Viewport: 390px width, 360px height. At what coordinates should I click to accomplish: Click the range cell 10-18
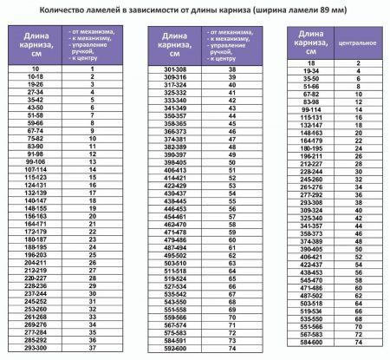[36, 76]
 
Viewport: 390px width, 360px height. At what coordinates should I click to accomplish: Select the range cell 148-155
[36, 208]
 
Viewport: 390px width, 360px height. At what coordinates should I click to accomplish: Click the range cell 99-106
[36, 161]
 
